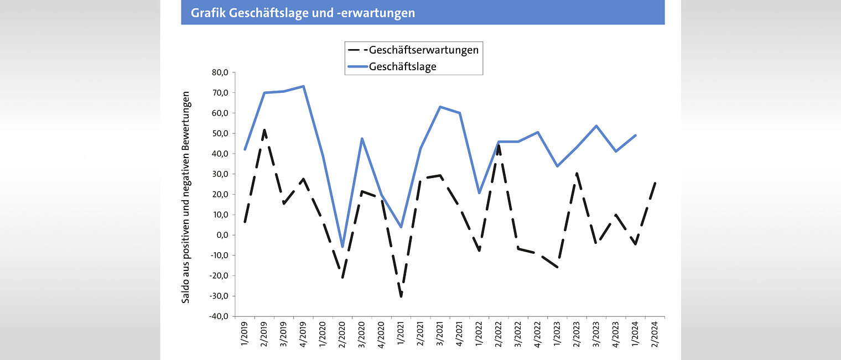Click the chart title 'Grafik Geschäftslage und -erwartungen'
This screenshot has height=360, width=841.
(x=303, y=13)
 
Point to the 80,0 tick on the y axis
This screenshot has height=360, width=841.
(x=220, y=72)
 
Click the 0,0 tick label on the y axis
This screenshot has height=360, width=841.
(x=222, y=235)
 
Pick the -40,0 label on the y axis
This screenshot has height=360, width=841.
(x=219, y=316)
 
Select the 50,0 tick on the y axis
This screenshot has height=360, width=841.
(x=220, y=133)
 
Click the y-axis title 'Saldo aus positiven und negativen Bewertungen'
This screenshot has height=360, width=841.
(x=186, y=197)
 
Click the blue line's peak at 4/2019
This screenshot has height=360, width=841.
(x=303, y=86)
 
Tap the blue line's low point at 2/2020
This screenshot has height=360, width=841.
(x=342, y=247)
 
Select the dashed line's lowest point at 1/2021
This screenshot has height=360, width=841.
(x=401, y=296)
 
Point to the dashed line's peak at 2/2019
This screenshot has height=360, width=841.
(x=264, y=130)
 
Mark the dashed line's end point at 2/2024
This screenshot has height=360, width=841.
(x=655, y=183)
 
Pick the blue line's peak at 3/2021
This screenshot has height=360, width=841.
(x=440, y=107)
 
